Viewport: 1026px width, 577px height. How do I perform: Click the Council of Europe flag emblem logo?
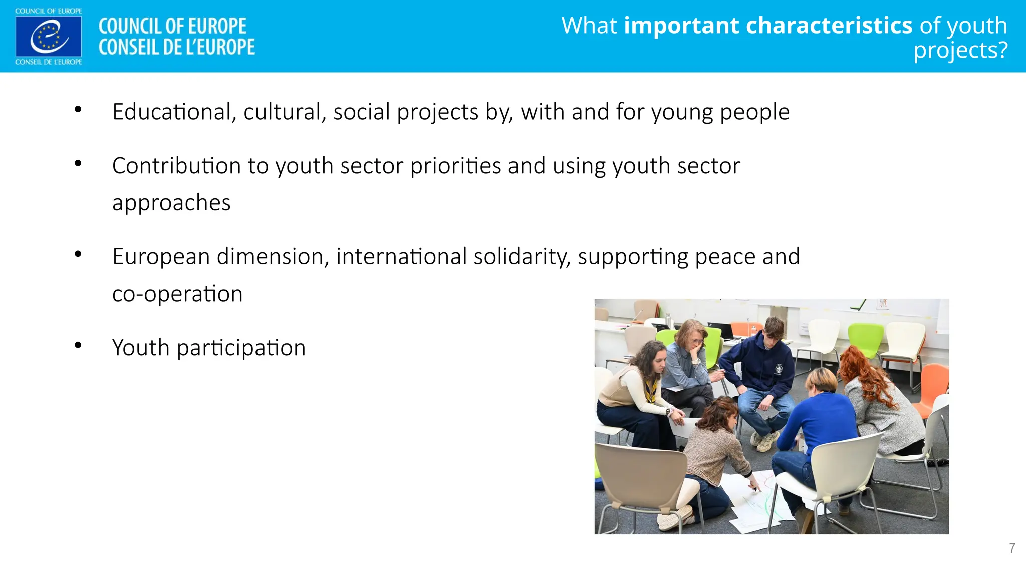pos(49,37)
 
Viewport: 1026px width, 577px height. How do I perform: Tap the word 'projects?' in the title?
pos(960,51)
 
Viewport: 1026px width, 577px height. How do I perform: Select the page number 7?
pos(1012,548)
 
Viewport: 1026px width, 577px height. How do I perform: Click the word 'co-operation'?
pos(177,294)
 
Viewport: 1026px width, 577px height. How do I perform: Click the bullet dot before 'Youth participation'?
pos(78,345)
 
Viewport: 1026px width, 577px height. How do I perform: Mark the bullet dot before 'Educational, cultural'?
pos(78,109)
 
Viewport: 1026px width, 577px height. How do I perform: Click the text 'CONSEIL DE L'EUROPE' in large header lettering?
pos(176,47)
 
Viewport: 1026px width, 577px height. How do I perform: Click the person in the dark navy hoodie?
pos(761,371)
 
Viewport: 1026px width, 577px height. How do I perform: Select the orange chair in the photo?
pos(934,388)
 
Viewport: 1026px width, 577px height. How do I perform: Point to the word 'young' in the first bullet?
pos(682,112)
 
